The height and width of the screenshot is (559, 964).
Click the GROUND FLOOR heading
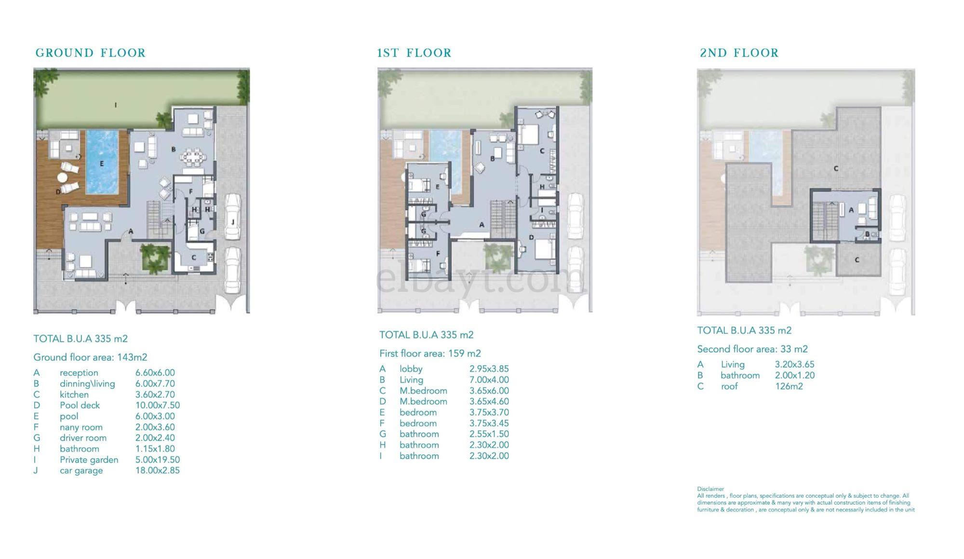(91, 53)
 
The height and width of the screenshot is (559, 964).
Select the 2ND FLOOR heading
(739, 53)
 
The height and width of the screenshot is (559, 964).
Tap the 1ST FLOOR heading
(414, 53)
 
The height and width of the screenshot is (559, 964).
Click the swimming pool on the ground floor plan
(102, 162)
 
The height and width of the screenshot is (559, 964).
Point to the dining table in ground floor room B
(193, 156)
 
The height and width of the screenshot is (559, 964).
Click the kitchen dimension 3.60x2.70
(155, 395)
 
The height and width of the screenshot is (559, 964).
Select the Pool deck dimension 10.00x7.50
(158, 406)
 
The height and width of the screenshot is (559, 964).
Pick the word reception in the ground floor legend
(79, 373)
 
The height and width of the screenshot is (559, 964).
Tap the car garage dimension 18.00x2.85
(158, 471)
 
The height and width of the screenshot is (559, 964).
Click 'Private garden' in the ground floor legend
(89, 460)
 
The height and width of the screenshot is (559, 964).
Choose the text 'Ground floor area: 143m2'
(90, 357)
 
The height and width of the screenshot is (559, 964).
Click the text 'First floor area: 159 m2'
(430, 354)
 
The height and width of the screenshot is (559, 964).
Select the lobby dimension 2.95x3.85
(489, 369)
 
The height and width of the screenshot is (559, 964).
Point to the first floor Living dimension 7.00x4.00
(489, 380)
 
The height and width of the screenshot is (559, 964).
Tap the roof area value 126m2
(789, 386)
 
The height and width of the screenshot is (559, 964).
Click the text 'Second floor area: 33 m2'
(752, 349)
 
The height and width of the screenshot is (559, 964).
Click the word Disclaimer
(710, 489)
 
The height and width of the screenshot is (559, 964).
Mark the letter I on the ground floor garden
(116, 105)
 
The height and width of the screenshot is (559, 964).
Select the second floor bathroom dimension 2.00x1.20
(795, 376)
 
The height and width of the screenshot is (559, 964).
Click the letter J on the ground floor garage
(233, 222)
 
